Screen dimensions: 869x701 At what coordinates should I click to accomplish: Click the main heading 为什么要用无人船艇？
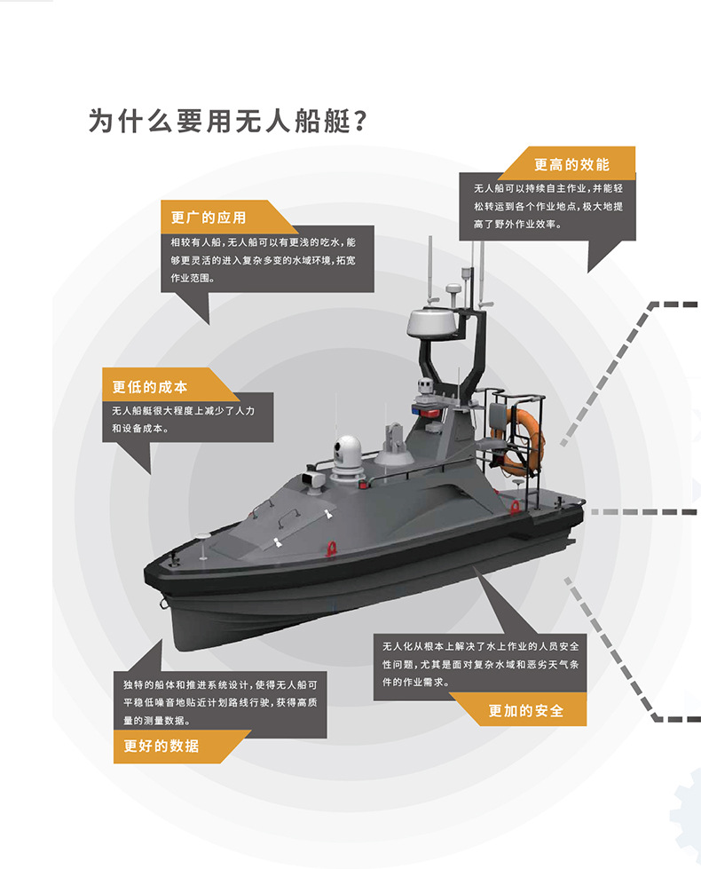pyautogui.click(x=228, y=120)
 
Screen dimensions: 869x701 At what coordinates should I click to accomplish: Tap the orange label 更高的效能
pyautogui.click(x=571, y=164)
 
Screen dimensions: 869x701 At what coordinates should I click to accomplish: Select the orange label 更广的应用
pyautogui.click(x=209, y=217)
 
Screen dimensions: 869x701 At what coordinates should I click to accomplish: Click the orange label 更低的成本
pyautogui.click(x=150, y=387)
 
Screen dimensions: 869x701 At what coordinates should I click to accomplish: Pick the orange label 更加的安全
pyautogui.click(x=525, y=710)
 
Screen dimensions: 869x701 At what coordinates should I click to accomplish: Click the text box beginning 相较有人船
pyautogui.click(x=262, y=258)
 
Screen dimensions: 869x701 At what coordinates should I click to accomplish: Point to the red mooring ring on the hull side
pyautogui.click(x=334, y=547)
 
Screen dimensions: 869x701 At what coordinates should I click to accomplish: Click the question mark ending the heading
pyautogui.click(x=359, y=120)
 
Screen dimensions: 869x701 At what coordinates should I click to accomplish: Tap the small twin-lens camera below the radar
pyautogui.click(x=424, y=386)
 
